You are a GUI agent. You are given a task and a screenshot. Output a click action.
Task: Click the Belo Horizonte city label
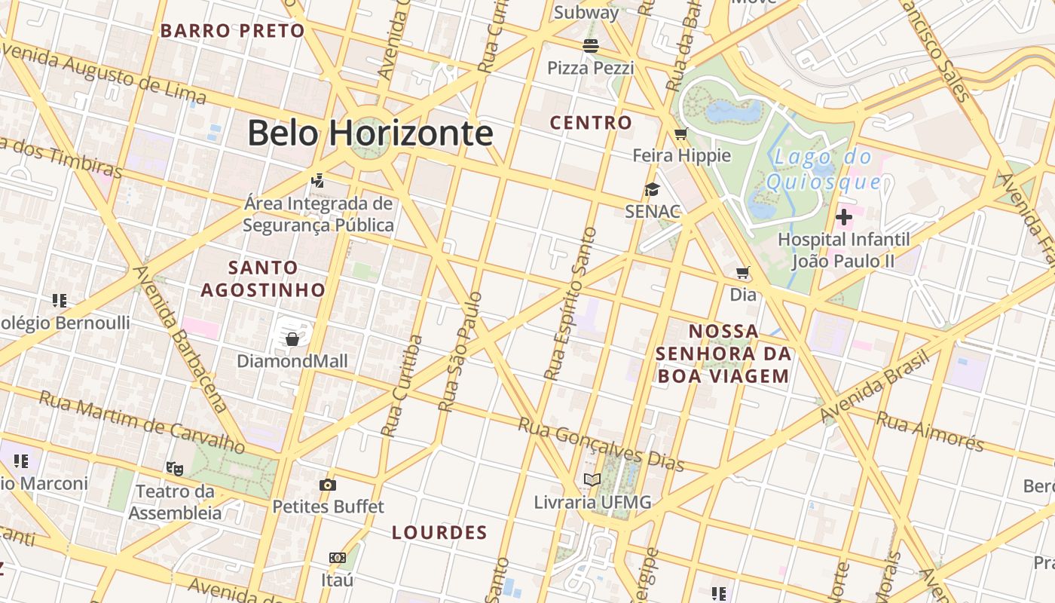[370, 133]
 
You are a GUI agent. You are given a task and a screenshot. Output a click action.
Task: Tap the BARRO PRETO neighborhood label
[232, 31]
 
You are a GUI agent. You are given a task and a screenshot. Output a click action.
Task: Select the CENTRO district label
[591, 122]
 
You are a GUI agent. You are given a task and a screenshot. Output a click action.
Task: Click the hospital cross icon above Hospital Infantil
[844, 218]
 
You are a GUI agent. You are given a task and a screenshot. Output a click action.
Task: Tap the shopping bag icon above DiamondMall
[292, 339]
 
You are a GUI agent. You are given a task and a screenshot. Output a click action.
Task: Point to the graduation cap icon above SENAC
[652, 189]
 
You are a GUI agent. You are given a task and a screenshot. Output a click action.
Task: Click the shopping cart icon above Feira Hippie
[681, 134]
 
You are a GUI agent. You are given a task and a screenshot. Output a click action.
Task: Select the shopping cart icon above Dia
[743, 272]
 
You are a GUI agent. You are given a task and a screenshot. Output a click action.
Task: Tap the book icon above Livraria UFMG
[592, 480]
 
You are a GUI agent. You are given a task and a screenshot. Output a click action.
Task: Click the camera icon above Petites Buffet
[327, 485]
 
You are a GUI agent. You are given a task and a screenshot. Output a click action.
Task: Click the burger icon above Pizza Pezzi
[591, 46]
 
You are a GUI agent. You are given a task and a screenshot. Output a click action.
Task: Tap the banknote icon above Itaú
[338, 558]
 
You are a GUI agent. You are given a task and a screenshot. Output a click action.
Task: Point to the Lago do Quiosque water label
[823, 170]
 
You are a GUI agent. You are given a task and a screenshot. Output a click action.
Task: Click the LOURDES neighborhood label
[439, 533]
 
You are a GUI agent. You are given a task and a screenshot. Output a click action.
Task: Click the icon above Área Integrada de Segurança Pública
[318, 181]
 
